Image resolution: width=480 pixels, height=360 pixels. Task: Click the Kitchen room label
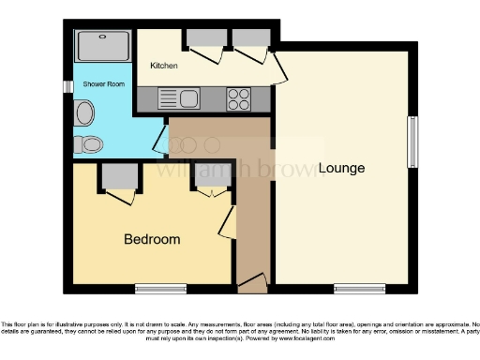click(164, 66)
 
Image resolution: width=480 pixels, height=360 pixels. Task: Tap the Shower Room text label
click(103, 84)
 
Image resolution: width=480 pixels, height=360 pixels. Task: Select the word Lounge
click(341, 169)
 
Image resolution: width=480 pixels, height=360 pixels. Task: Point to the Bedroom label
click(152, 239)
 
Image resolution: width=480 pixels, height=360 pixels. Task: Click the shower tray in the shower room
click(102, 46)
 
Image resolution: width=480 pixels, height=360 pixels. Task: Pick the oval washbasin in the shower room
click(84, 114)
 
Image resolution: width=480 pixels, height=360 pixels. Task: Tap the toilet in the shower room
click(91, 143)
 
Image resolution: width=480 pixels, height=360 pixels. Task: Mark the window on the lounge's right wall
click(411, 143)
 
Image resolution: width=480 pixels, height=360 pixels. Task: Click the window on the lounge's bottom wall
click(360, 287)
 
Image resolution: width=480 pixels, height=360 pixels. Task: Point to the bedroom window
click(158, 287)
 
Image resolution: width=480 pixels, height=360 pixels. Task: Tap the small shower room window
click(68, 86)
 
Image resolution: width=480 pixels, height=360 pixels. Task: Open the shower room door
click(161, 141)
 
